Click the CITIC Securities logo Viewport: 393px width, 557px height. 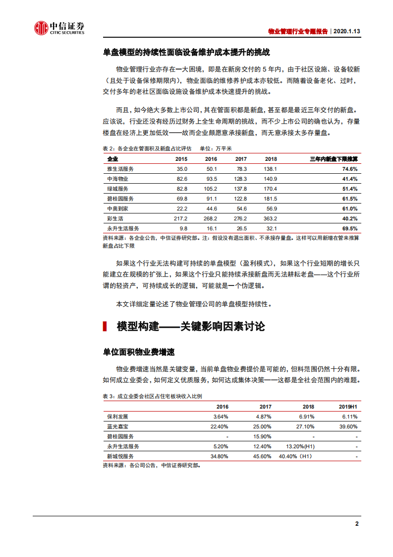pos(59,29)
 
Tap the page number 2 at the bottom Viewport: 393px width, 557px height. pos(356,524)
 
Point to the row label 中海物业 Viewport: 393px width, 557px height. pos(117,179)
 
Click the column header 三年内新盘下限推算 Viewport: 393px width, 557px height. pos(334,159)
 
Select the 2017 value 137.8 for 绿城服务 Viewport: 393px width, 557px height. pos(240,189)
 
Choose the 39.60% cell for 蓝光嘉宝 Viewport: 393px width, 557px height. pos(348,426)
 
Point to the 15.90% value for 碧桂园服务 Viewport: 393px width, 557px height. pos(262,436)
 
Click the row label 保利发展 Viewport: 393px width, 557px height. pos(117,416)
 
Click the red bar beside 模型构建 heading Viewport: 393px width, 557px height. pos(105,326)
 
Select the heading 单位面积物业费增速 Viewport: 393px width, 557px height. pos(138,352)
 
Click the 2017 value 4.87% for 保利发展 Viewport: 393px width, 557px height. pos(262,416)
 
